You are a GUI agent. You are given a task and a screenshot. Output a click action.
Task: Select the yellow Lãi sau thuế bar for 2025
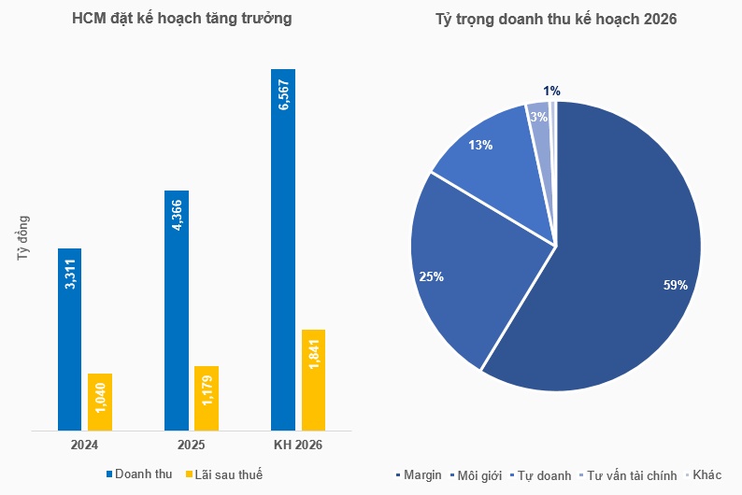[x=207, y=399]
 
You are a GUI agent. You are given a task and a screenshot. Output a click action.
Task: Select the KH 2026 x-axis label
[x=296, y=445]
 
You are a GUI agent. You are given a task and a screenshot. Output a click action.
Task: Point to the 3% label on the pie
[x=538, y=117]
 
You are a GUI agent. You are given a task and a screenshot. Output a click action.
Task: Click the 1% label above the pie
[x=552, y=91]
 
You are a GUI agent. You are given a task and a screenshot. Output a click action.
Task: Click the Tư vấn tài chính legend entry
[x=628, y=475]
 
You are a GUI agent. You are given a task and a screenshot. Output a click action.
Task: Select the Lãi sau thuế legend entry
[x=224, y=475]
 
